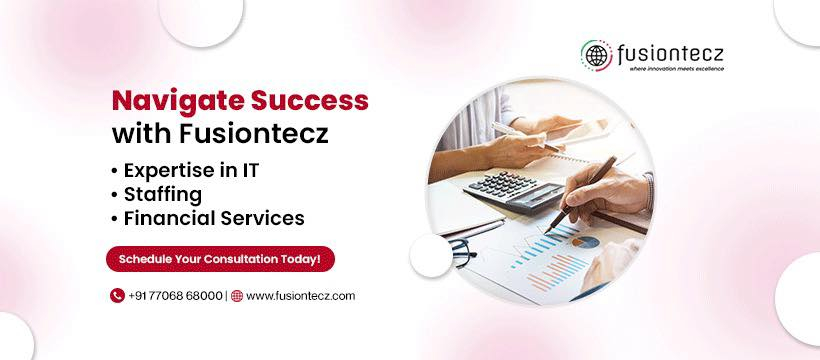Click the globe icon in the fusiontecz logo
coord(596,55)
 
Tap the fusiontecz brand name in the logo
coord(671,54)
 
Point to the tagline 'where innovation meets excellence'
coord(677,69)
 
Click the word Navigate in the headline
coord(178,100)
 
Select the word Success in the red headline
coord(310,100)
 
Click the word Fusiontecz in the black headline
coord(254,133)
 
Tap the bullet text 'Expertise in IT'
coord(191,171)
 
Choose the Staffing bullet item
coord(163,195)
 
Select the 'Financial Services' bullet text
coord(214,218)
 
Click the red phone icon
coord(117,296)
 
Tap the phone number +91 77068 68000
coord(175,296)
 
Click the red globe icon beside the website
coord(237,296)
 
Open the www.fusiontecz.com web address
coord(301,296)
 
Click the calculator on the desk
coord(515,190)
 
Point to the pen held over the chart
coord(580,194)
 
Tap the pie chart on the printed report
coord(585,242)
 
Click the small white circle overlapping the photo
coord(431,256)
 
